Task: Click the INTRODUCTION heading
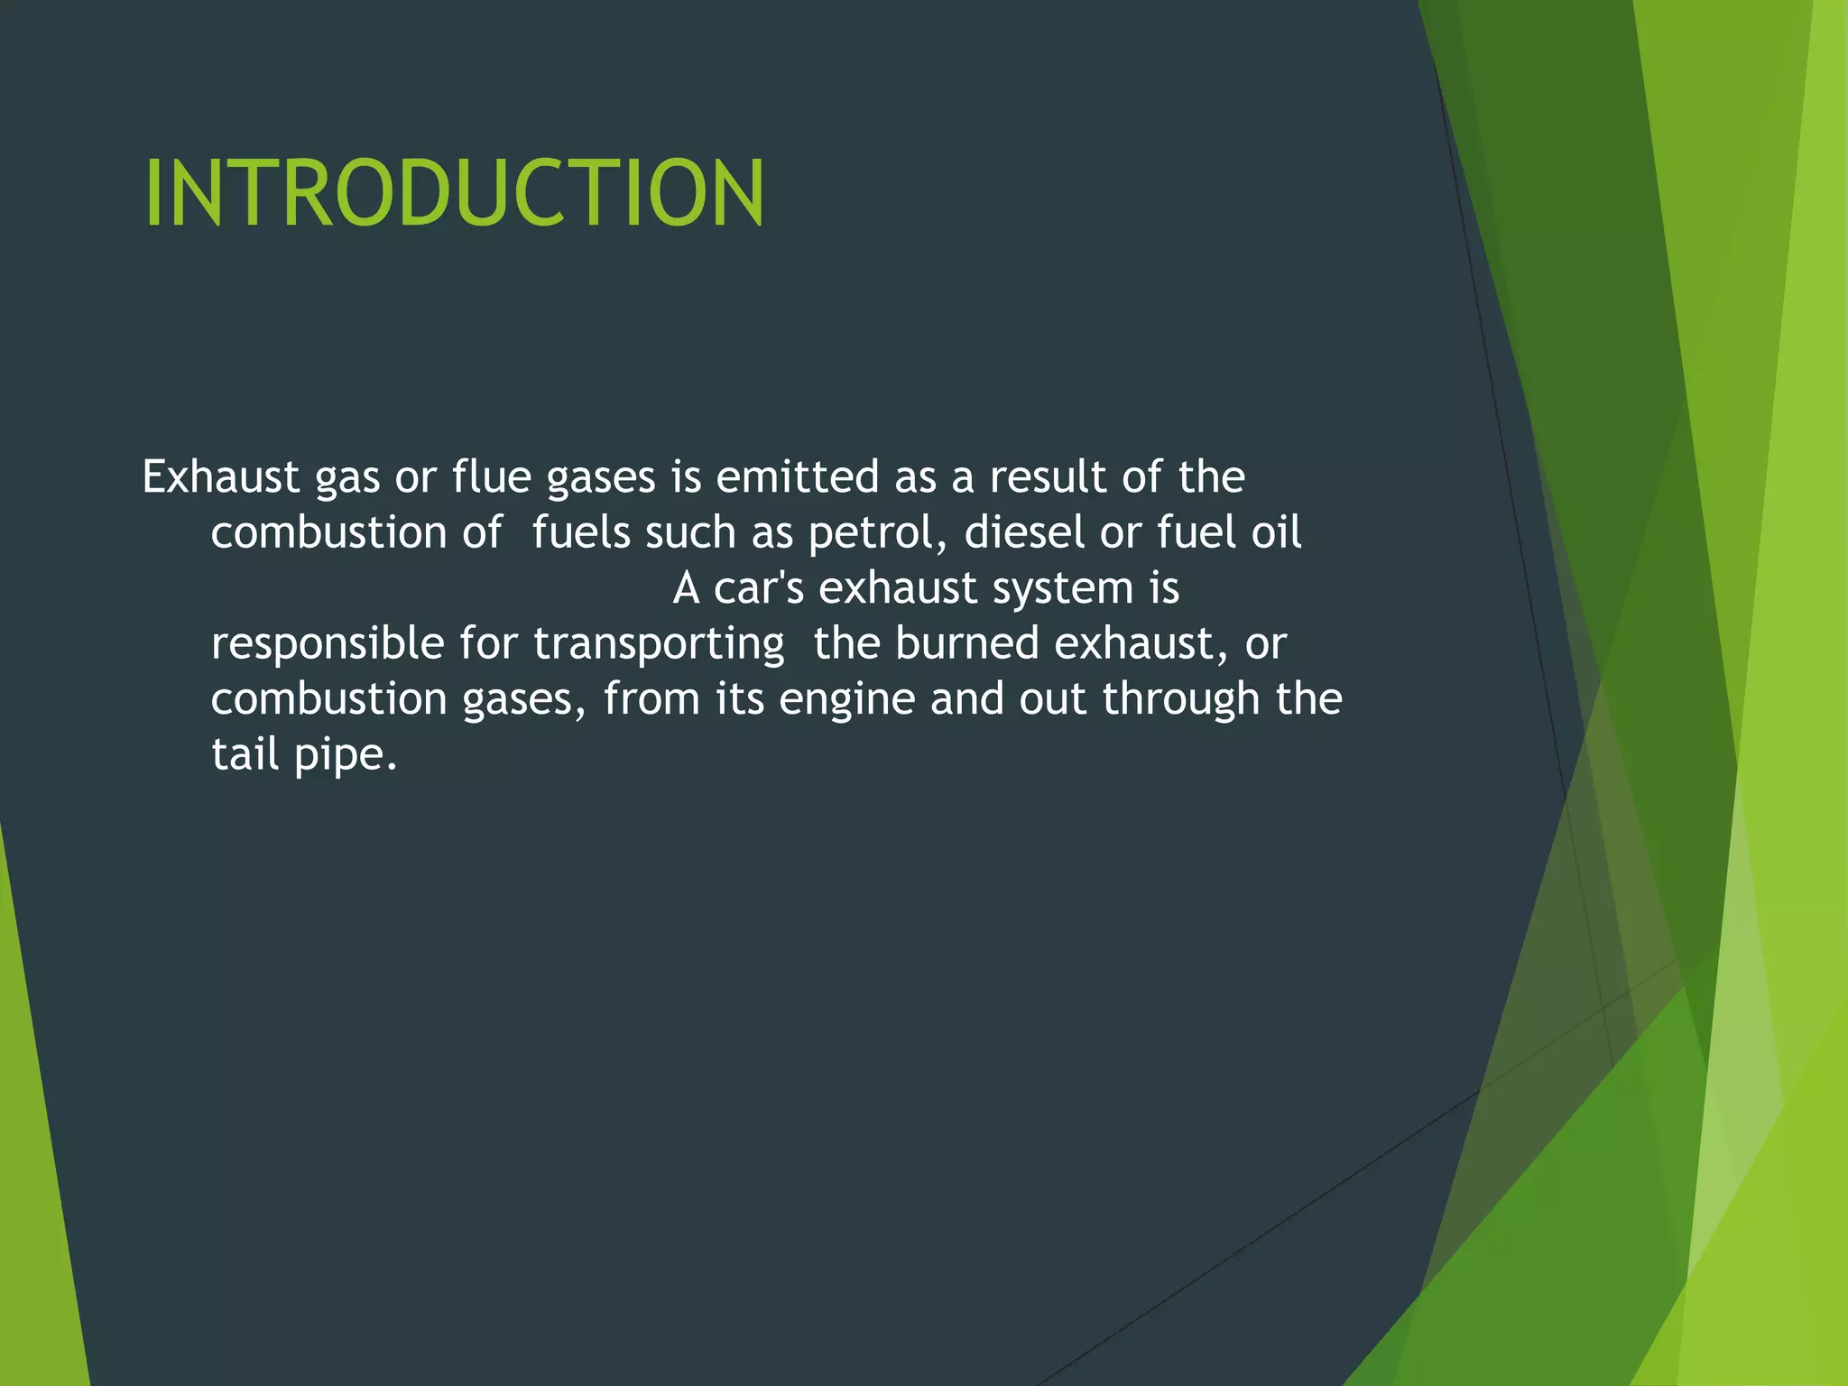point(454,193)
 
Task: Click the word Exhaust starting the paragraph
point(220,476)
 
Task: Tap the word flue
point(491,476)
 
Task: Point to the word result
point(1047,476)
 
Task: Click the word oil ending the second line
point(1276,532)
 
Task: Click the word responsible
point(328,644)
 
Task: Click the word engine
point(846,701)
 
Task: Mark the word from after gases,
point(651,699)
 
